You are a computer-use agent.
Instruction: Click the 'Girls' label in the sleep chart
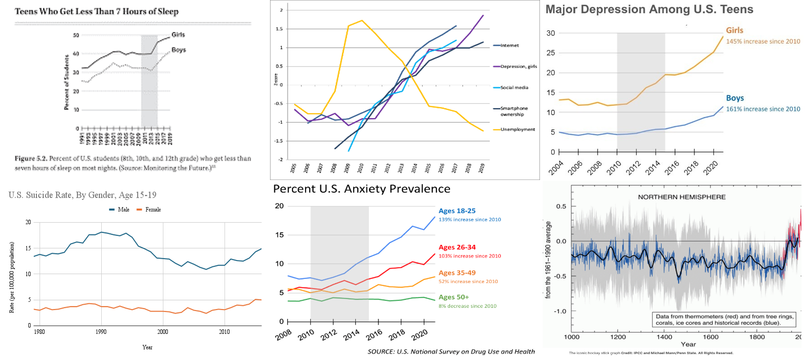click(178, 35)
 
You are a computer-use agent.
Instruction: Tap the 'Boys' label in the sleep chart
click(179, 50)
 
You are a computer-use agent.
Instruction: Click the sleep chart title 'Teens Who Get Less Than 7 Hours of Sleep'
click(97, 12)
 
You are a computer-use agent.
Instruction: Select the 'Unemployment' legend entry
click(517, 130)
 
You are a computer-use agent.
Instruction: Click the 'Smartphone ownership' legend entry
click(514, 111)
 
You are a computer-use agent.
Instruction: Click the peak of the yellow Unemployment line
click(362, 20)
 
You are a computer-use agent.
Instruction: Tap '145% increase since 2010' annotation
click(763, 41)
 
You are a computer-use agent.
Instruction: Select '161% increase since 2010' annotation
click(763, 109)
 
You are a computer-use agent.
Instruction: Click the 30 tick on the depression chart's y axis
click(551, 33)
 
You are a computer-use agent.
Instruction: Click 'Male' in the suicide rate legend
click(123, 210)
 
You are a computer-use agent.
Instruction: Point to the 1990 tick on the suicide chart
click(101, 332)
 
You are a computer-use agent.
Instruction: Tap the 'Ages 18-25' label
click(457, 211)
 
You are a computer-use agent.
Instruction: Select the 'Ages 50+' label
click(454, 297)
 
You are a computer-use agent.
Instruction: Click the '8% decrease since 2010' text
click(468, 306)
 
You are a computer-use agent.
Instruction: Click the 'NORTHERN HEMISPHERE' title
click(682, 197)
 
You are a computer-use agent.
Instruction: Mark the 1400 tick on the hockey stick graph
click(664, 337)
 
